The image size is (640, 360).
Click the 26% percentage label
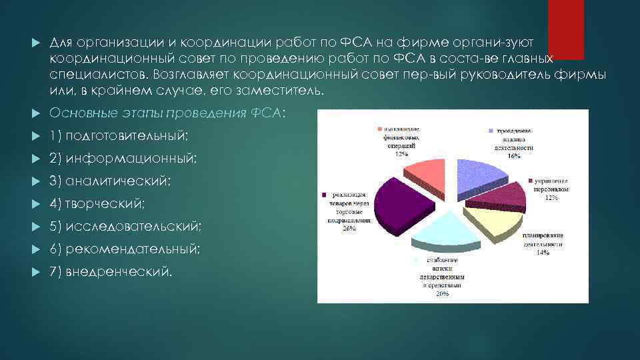click(x=349, y=228)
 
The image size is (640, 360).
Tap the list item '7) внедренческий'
click(x=111, y=272)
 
